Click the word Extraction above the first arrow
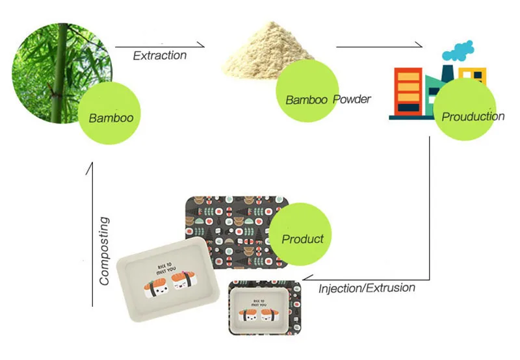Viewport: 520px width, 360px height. click(159, 55)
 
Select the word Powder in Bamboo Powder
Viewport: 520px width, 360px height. click(352, 99)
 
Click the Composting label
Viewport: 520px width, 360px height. click(105, 251)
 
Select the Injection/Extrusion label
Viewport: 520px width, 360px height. click(367, 287)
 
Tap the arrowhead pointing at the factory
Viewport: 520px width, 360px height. click(421, 46)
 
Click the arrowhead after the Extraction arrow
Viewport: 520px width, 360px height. click(201, 46)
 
